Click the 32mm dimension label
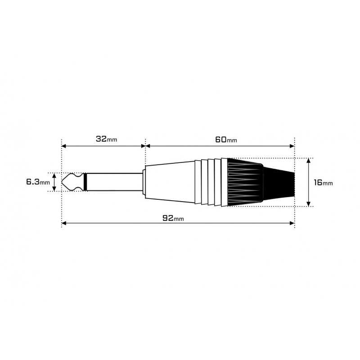click(106, 139)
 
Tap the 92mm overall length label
click(173, 218)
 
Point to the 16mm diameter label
click(323, 182)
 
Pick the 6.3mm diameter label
click(38, 182)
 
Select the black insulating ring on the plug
click(85, 182)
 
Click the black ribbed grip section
click(245, 182)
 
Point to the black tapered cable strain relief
click(279, 182)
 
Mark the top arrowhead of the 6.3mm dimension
click(54, 175)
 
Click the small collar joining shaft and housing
click(143, 182)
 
